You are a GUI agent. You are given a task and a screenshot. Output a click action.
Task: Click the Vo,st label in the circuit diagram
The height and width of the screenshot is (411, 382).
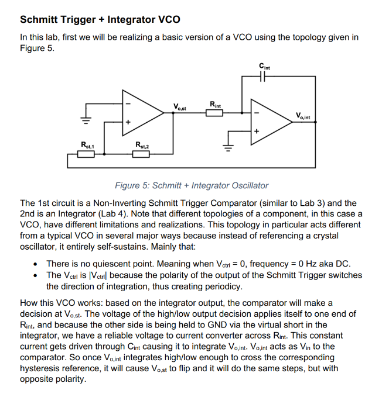click(180, 106)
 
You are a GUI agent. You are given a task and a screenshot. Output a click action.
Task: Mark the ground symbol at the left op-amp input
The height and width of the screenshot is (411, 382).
click(86, 120)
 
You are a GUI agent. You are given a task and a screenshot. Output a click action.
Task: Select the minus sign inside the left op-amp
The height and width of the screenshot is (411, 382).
click(129, 104)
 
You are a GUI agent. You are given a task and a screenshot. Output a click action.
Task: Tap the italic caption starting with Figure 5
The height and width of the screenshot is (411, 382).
click(191, 185)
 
